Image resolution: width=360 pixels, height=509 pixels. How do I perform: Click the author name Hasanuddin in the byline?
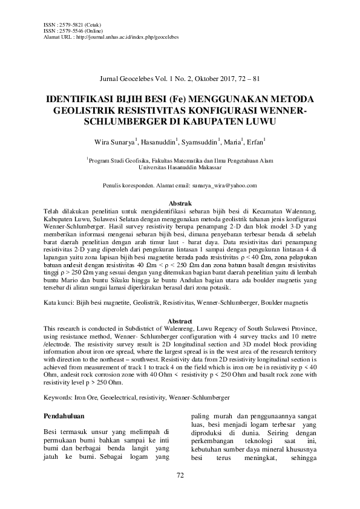coord(157,143)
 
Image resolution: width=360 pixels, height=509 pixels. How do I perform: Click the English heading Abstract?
coord(180,320)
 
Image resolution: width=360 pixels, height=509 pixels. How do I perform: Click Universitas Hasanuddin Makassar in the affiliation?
coord(180,167)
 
